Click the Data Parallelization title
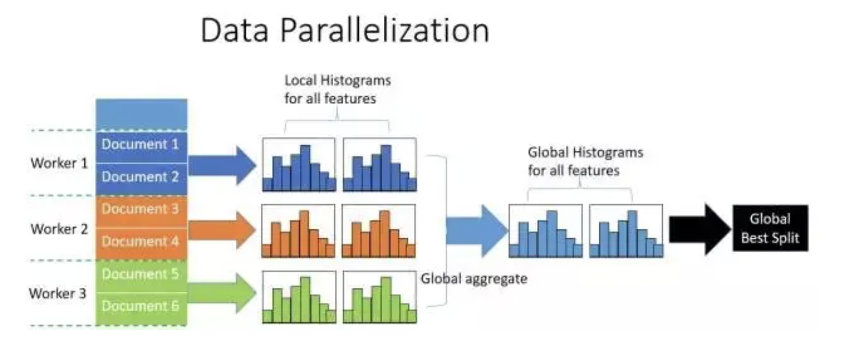click(345, 30)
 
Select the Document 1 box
click(141, 147)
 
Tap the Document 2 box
click(141, 179)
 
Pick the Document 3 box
click(141, 211)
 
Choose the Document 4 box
click(141, 243)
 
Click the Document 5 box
click(141, 276)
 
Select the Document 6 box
click(141, 309)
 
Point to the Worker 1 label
click(59, 163)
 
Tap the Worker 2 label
click(59, 229)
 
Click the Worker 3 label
click(58, 294)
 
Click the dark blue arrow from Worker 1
click(222, 165)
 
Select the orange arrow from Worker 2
click(222, 230)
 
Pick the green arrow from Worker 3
click(222, 293)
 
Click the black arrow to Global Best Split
click(700, 230)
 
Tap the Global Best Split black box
click(771, 228)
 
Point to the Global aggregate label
click(474, 278)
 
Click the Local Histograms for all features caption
click(338, 89)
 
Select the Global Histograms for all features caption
click(585, 161)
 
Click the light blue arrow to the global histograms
click(477, 231)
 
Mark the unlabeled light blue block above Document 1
click(141, 115)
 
